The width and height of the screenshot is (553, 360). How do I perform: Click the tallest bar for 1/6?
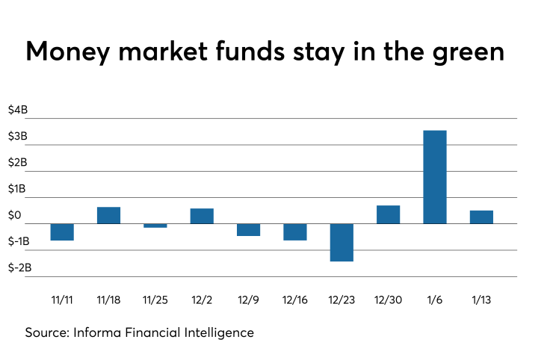434,177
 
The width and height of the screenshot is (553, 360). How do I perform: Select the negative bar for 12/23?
342,243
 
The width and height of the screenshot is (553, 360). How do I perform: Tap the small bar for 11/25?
155,225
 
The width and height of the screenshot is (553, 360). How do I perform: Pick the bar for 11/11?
62,232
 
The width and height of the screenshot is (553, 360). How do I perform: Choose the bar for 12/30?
388,214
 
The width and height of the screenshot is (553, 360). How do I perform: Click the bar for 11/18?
109,215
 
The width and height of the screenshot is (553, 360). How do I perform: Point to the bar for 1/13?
481,217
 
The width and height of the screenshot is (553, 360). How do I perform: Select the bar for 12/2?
202,216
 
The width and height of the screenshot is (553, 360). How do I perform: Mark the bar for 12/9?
248,230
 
